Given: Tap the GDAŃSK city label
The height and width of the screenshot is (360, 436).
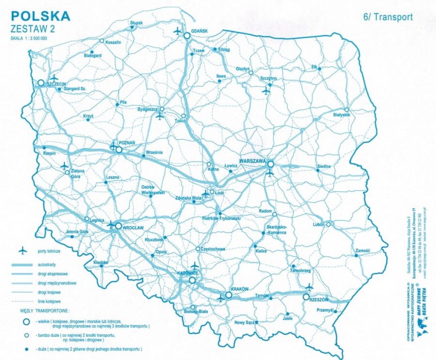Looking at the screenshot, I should (199, 31).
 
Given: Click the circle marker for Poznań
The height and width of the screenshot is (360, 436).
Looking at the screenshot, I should (119, 149).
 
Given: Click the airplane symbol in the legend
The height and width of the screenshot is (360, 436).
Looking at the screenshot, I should (23, 251).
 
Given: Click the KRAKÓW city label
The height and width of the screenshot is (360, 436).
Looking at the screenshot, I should (240, 289).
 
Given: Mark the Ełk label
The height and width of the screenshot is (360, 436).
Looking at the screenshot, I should (315, 66).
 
